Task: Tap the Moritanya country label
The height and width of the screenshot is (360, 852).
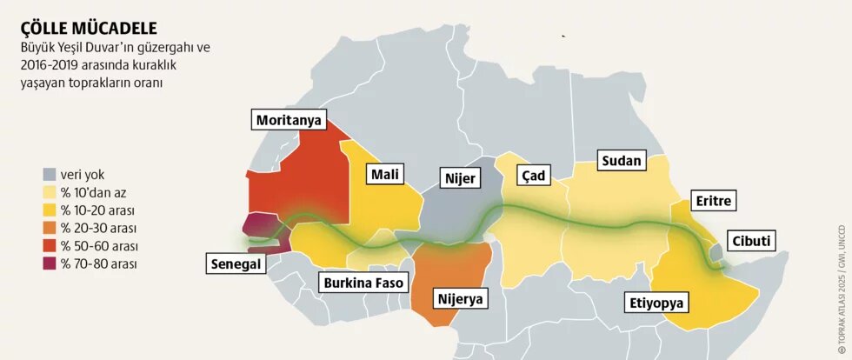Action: click(290, 120)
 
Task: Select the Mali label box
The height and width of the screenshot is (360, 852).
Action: click(385, 175)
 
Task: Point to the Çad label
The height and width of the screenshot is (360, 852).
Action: click(532, 176)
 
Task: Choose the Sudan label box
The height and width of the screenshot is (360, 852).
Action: click(621, 160)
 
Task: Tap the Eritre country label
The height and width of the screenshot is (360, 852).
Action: click(715, 202)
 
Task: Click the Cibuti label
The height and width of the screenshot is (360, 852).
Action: click(751, 241)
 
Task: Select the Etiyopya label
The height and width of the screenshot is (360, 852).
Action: click(656, 303)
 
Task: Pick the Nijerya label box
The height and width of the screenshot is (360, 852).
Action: click(458, 300)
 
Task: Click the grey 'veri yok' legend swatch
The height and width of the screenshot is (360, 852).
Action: click(50, 174)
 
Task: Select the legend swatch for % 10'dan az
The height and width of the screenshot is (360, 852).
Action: click(50, 192)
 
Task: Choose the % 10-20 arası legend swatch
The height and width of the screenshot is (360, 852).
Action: click(50, 210)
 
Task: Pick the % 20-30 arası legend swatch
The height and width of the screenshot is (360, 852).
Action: click(50, 228)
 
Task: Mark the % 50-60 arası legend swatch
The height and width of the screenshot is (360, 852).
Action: click(50, 245)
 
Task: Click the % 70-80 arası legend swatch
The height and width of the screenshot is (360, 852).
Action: click(50, 263)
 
